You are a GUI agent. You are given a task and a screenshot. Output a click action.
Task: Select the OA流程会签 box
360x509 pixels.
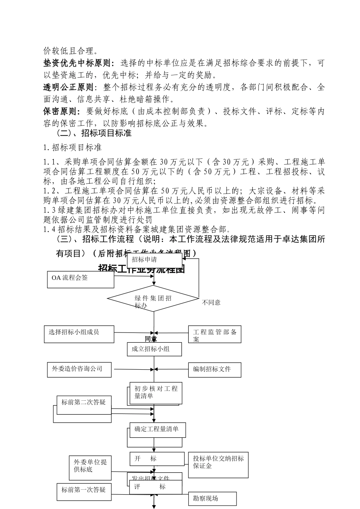point(80,279)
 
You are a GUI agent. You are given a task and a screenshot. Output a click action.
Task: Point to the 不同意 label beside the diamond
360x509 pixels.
point(211,303)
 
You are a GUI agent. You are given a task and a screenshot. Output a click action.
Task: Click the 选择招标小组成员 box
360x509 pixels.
point(79,334)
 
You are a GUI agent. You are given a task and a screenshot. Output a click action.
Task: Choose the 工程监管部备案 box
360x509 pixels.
point(214,335)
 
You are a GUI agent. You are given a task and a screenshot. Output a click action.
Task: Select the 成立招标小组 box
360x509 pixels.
point(154,349)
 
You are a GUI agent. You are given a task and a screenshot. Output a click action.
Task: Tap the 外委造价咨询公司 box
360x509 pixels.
point(77,369)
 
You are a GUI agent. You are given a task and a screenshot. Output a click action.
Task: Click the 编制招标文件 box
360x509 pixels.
point(214,369)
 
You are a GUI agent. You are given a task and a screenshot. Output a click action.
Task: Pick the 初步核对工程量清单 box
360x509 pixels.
point(155,393)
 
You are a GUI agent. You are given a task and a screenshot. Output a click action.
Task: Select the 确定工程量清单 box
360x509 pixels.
point(157,430)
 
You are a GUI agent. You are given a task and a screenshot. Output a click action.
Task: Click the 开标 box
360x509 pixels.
point(156,459)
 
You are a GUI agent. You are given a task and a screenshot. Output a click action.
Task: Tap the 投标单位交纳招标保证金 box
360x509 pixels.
point(218,464)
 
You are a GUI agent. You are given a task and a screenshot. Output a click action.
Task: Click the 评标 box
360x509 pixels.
point(155,487)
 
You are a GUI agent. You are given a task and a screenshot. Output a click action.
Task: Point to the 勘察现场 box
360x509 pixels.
point(212,499)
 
